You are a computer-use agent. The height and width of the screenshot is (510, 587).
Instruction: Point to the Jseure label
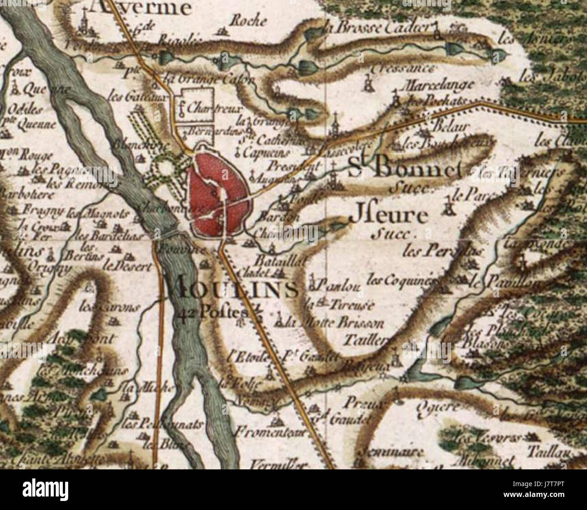click(x=389, y=217)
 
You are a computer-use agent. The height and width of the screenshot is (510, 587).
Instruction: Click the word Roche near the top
click(x=248, y=20)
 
